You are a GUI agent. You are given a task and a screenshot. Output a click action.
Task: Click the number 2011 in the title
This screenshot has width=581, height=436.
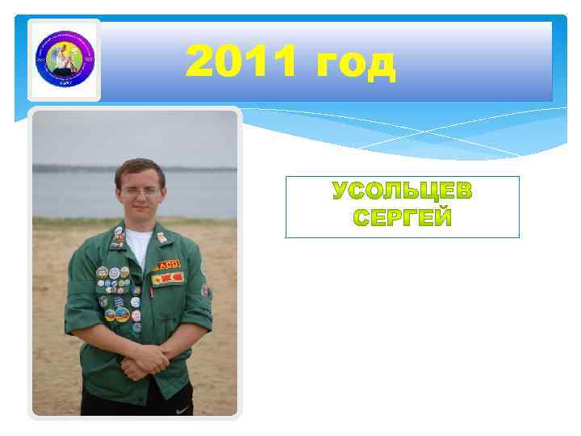point(243,63)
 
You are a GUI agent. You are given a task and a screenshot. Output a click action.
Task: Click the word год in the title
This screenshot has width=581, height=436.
point(356,63)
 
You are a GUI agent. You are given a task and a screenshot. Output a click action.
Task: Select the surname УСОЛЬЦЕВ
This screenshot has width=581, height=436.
point(403,192)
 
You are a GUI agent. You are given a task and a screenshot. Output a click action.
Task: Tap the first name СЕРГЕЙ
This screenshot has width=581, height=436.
point(403,217)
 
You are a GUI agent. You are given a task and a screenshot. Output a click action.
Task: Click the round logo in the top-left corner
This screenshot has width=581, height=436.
point(64,60)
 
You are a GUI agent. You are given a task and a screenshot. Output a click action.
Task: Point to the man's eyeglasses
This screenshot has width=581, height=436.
point(140,191)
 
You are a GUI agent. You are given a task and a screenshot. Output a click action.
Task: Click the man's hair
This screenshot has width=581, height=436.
point(140,169)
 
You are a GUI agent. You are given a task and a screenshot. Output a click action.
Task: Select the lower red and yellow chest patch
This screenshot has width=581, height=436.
point(169,278)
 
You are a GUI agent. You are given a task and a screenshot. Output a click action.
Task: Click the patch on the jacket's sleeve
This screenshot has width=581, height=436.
point(206,290)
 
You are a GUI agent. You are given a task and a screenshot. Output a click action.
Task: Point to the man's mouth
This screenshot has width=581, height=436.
point(140,210)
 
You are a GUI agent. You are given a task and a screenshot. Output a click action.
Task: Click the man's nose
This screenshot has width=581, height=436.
point(140,199)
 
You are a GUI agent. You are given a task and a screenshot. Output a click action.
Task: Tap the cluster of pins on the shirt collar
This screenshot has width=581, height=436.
point(118,238)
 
